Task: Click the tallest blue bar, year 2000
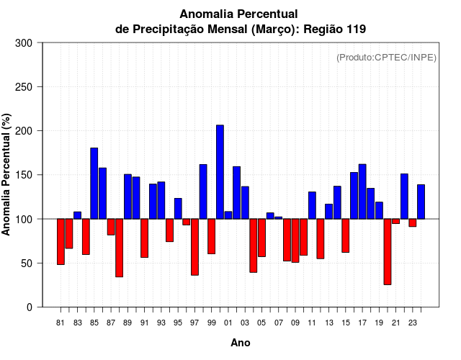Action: [x=220, y=172]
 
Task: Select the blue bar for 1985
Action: [x=94, y=183]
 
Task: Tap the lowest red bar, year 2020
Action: [x=388, y=251]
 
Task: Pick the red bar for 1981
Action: [x=61, y=241]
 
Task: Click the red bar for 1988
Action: [x=120, y=247]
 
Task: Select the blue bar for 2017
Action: [x=362, y=192]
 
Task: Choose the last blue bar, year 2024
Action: [x=421, y=202]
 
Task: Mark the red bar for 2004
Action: [x=254, y=245]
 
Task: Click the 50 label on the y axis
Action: [x=29, y=264]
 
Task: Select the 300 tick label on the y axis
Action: [x=24, y=43]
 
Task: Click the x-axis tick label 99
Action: [x=212, y=323]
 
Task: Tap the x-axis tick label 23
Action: [x=413, y=323]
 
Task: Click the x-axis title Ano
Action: [x=241, y=343]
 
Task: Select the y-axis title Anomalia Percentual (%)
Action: [x=6, y=174]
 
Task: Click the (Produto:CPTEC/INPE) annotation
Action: [x=386, y=58]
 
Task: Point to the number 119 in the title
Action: [x=354, y=30]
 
